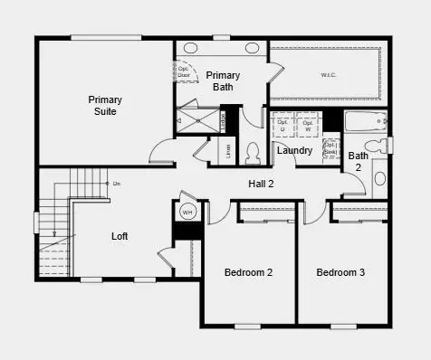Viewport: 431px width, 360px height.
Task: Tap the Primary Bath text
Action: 223,81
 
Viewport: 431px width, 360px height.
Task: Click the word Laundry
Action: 294,150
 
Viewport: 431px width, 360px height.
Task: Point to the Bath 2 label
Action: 359,161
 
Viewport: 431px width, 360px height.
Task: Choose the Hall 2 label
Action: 262,184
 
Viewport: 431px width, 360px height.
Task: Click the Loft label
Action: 120,236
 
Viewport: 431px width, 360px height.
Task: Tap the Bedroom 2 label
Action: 249,272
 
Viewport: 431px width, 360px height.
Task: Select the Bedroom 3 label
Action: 341,272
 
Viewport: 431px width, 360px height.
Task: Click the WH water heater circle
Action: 188,213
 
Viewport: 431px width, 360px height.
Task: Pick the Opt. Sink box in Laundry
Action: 330,149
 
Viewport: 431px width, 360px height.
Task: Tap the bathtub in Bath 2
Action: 366,120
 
